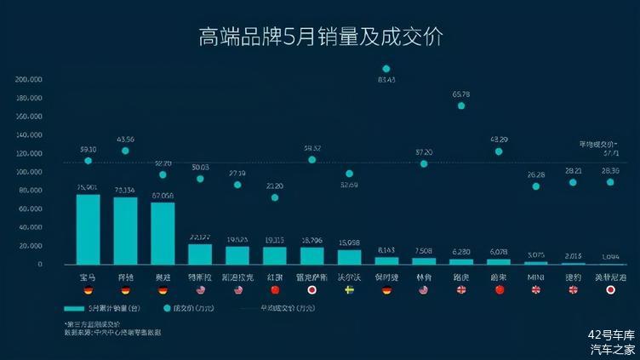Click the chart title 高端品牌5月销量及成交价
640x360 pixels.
point(320,37)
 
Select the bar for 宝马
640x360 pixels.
point(88,230)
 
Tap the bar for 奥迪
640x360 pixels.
point(163,233)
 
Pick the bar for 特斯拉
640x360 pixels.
point(200,254)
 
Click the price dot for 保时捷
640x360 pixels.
point(386,69)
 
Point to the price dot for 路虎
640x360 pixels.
point(461,106)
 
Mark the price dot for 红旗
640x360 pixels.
point(275,197)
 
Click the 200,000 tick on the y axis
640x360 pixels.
point(30,79)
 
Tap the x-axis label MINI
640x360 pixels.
point(535,277)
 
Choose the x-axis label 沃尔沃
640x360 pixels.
point(349,277)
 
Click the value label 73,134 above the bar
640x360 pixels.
point(125,190)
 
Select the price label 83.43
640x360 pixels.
point(386,80)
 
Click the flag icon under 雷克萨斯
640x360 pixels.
point(311,290)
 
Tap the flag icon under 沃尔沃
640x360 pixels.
point(349,290)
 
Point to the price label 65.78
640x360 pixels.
point(461,94)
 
